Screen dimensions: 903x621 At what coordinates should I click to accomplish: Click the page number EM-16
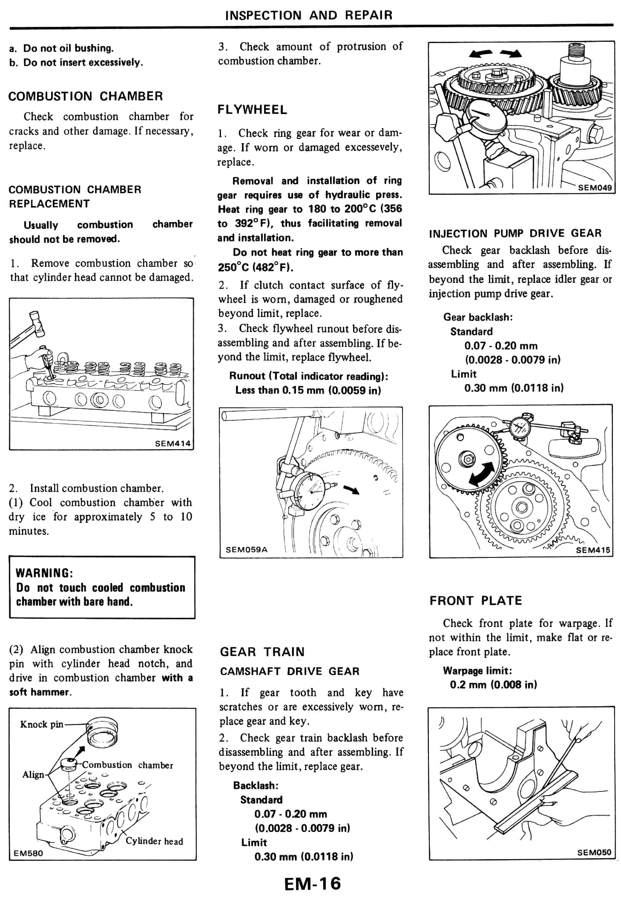click(x=312, y=883)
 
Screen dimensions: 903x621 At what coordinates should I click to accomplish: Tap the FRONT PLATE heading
click(x=476, y=601)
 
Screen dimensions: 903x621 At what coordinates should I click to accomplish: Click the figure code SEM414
click(x=172, y=443)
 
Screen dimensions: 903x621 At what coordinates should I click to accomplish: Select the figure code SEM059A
click(x=246, y=550)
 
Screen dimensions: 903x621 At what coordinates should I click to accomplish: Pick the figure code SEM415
click(x=593, y=550)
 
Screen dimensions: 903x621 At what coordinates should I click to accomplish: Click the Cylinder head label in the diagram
click(x=154, y=841)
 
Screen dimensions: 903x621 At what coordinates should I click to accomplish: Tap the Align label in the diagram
click(x=33, y=775)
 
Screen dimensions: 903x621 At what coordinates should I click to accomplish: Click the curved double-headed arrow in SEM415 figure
click(x=482, y=474)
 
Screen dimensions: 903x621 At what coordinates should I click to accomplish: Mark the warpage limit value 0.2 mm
click(x=493, y=685)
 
